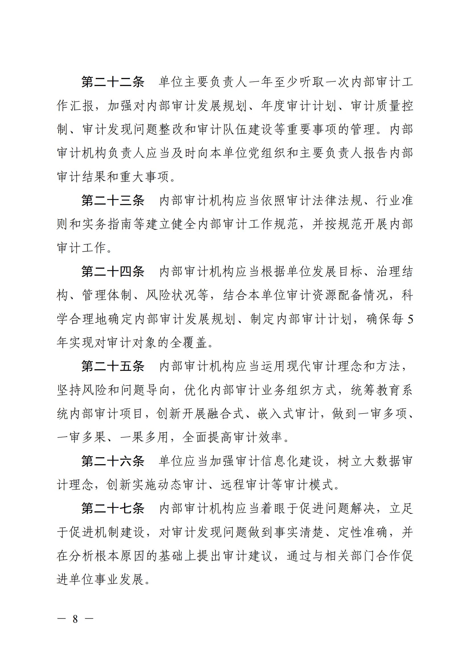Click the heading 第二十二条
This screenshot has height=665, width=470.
click(113, 82)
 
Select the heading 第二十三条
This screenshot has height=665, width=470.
click(113, 200)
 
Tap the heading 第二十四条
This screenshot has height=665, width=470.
click(113, 272)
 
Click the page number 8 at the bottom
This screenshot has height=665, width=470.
click(75, 619)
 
